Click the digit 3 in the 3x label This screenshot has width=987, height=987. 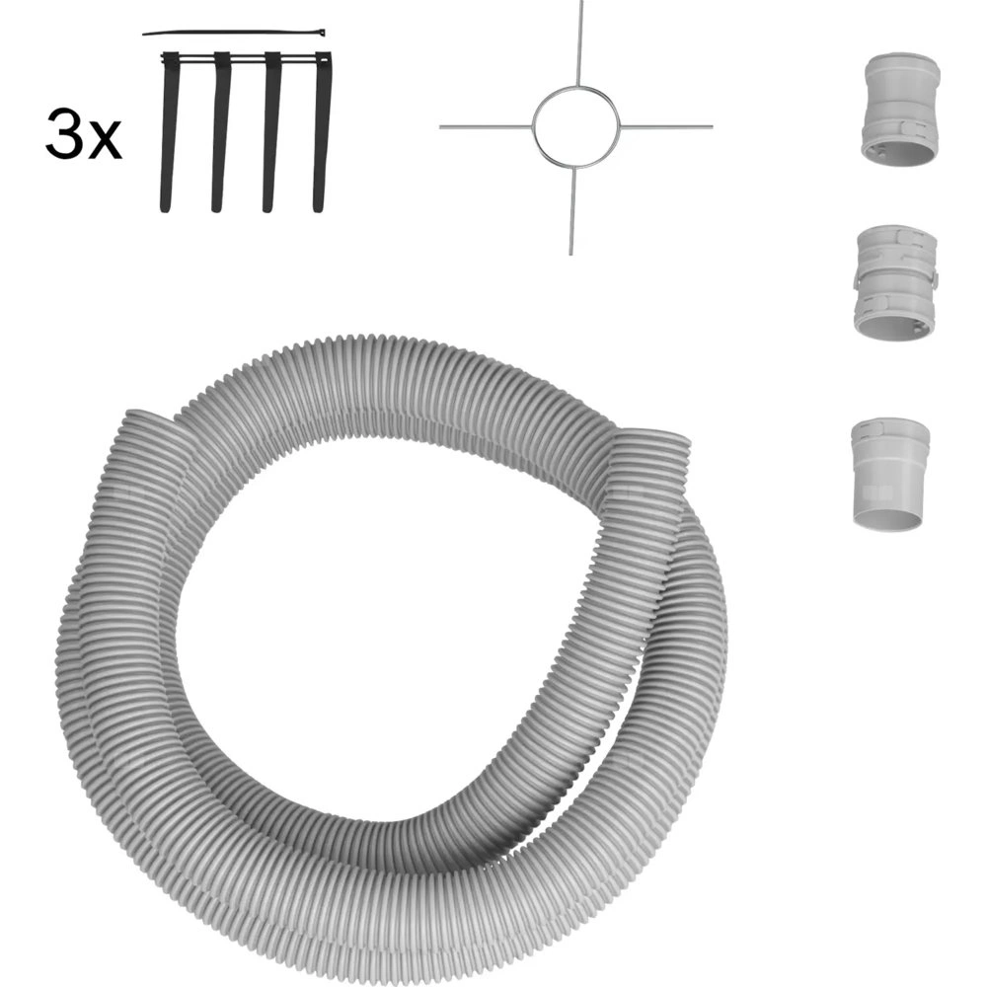pyautogui.click(x=63, y=133)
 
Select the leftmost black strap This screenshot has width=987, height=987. pyautogui.click(x=170, y=131)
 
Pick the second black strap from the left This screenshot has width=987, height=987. pyautogui.click(x=220, y=131)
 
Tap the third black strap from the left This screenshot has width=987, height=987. pyautogui.click(x=271, y=131)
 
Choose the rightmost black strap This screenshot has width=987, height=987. pyautogui.click(x=322, y=131)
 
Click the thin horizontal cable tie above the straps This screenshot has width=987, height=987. pyautogui.click(x=234, y=33)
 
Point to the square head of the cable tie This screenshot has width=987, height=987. pyautogui.click(x=321, y=32)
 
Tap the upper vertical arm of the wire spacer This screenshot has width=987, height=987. pyautogui.click(x=579, y=42)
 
